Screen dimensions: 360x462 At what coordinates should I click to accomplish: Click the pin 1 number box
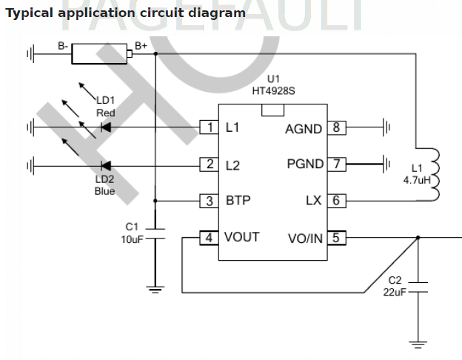pos(208,128)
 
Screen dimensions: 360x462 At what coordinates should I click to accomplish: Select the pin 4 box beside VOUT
pos(208,238)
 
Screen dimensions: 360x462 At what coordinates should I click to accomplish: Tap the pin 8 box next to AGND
pos(337,128)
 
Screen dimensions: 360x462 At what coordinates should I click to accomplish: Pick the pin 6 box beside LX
pos(337,201)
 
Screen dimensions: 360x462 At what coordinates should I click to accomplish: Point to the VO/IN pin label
pos(304,238)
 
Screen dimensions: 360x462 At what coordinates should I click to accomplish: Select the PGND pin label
pos(305,164)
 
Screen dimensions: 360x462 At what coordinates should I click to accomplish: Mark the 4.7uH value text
pos(416,180)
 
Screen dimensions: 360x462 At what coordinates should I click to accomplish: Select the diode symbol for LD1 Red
pos(104,128)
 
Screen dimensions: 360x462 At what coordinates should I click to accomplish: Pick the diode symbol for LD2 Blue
pos(104,164)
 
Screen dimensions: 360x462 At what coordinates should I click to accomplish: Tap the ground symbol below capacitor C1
pos(155,289)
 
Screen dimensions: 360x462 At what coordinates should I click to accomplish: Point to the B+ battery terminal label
pos(141,46)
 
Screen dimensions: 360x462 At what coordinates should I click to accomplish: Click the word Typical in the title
pos(30,13)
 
